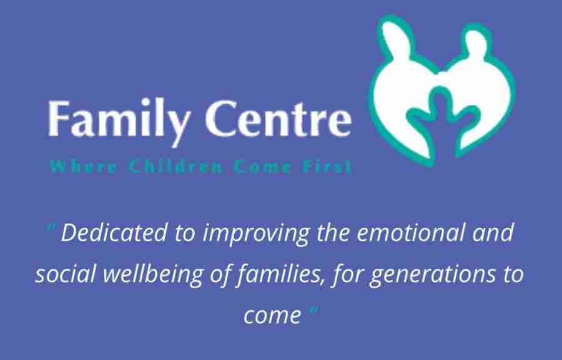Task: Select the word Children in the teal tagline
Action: [x=176, y=167]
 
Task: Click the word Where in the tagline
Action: [x=84, y=167]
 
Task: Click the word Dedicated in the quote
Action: [x=114, y=233]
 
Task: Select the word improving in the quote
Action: [x=255, y=234]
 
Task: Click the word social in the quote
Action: [x=66, y=274]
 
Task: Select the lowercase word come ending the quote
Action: [x=272, y=316]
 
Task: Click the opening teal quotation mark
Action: [x=52, y=227]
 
